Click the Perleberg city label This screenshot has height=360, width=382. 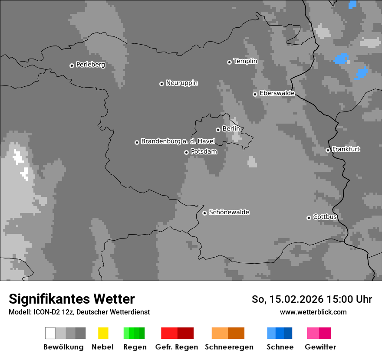[x=90, y=65]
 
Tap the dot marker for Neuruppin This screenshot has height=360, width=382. [x=161, y=84]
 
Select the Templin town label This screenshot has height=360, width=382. [x=245, y=61]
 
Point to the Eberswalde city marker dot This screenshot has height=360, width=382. [x=255, y=94]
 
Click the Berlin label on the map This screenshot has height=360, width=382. [x=231, y=129]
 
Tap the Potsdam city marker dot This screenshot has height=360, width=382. [x=186, y=152]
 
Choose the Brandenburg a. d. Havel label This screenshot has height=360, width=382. [x=178, y=141]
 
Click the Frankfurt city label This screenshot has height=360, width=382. [x=346, y=149]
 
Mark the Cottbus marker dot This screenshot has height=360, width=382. [x=309, y=218]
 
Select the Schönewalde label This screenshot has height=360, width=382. [x=229, y=213]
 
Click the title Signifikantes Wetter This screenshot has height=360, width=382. [x=72, y=299]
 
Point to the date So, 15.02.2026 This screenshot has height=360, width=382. [x=287, y=299]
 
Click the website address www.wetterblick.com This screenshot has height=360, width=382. [x=313, y=312]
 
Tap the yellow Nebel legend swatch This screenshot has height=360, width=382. [x=103, y=333]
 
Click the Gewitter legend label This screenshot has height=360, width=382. [x=320, y=347]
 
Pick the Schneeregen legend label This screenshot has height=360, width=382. [x=229, y=347]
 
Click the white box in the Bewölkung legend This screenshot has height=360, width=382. [x=50, y=333]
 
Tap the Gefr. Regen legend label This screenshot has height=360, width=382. [x=176, y=347]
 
